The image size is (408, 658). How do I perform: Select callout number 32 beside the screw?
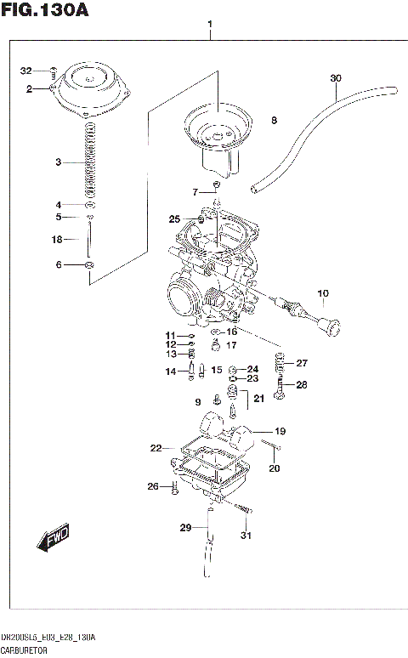(25, 71)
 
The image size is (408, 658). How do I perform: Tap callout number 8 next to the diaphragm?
(274, 122)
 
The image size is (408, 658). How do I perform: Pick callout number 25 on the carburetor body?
(174, 219)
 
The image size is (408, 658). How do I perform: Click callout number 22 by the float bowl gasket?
(156, 447)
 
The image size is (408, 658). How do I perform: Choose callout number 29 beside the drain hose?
(185, 528)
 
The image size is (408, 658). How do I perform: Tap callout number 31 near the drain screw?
(246, 535)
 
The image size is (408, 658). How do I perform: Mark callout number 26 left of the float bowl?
(153, 486)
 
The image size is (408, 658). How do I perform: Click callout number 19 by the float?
(280, 431)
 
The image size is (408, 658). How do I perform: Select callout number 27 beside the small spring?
(302, 363)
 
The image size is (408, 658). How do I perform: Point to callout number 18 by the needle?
(57, 240)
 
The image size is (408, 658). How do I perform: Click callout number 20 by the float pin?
(274, 468)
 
